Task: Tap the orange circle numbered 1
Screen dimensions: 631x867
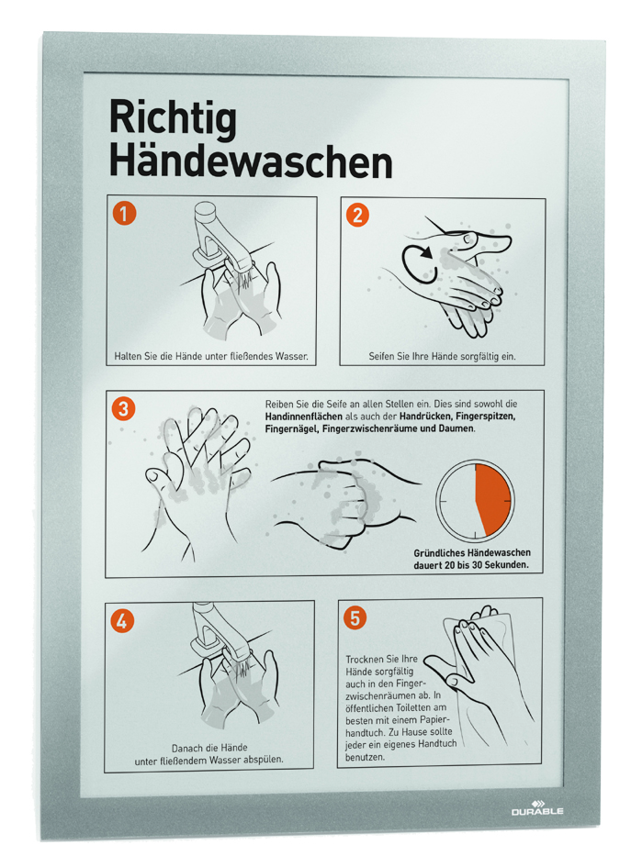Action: click(x=124, y=214)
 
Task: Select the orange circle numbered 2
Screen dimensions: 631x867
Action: click(x=357, y=215)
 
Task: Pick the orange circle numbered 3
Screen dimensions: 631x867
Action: click(x=123, y=408)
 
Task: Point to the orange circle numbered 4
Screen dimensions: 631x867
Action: click(x=122, y=621)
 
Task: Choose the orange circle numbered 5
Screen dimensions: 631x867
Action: click(x=355, y=617)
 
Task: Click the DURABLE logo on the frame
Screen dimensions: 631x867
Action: click(x=537, y=808)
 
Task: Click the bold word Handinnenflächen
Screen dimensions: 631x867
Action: click(x=303, y=417)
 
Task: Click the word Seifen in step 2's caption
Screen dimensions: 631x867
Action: click(x=382, y=357)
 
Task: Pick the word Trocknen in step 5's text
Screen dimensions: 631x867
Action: click(x=365, y=659)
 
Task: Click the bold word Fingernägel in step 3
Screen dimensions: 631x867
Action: click(x=290, y=429)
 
